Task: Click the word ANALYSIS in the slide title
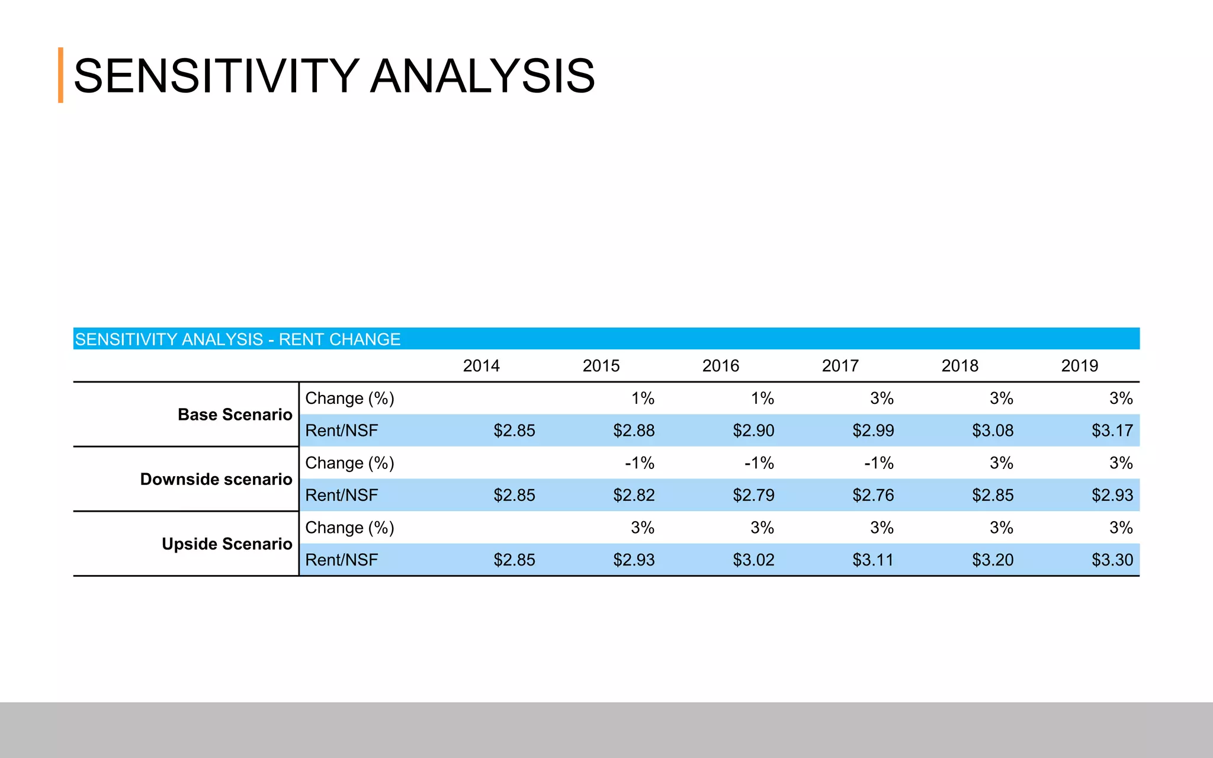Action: (x=482, y=76)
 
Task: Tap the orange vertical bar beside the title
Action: (x=60, y=75)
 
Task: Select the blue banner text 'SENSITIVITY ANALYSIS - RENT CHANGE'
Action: (x=238, y=339)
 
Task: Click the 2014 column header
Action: (x=481, y=366)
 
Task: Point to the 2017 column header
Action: (x=840, y=366)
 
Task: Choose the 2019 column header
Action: (x=1079, y=366)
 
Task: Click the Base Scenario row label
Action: (x=235, y=415)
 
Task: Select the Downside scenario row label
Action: (x=216, y=479)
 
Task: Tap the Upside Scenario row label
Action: (x=227, y=544)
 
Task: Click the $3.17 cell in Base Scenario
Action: (x=1112, y=431)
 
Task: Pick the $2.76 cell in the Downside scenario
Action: (x=873, y=495)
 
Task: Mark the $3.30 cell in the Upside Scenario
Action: (x=1112, y=560)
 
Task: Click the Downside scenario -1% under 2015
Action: (x=640, y=463)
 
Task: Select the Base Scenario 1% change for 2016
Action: (x=762, y=399)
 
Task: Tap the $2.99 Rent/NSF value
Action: (x=873, y=431)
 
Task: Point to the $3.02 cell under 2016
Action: (x=753, y=560)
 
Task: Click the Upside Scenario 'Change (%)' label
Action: (x=349, y=528)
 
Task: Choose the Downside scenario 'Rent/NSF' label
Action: (x=341, y=495)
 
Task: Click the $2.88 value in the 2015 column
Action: (x=634, y=431)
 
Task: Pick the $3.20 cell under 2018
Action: (x=993, y=560)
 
